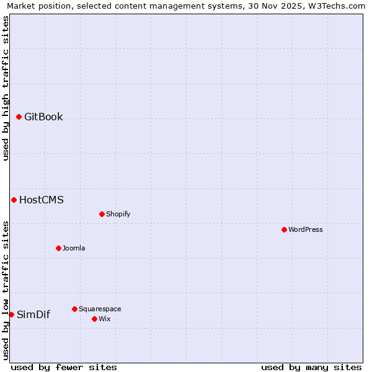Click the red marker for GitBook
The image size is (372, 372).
coord(19,117)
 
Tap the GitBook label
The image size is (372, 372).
coord(43,117)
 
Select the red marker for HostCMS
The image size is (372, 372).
coord(14,200)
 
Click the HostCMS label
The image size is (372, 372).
coord(41,200)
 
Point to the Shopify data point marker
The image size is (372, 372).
coord(102,214)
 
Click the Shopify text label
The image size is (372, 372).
coord(118,214)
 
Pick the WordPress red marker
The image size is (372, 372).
coord(284,229)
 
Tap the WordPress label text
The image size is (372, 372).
coord(305,229)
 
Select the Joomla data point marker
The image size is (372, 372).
coord(58,248)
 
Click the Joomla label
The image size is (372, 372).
coord(74,248)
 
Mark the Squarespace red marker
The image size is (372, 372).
coord(74,309)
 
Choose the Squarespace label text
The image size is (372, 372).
coord(100,309)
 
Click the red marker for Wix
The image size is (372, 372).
coord(94,319)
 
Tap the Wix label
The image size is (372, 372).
coord(104,319)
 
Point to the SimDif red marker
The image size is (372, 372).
coord(11,314)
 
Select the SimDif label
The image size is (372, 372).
coord(33,314)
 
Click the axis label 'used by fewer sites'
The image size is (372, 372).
coord(64,367)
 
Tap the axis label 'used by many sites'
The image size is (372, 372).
coord(311,367)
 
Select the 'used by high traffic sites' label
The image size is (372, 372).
coord(6,88)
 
